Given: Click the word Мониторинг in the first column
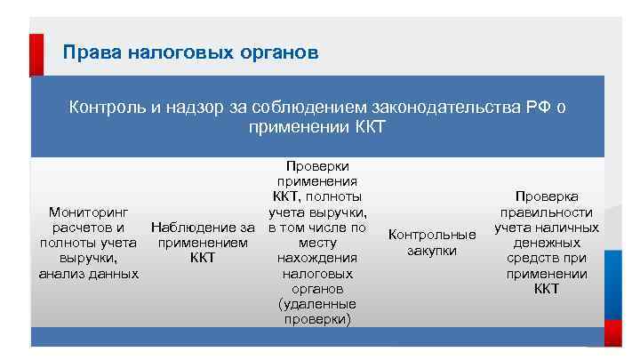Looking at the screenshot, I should coord(88,212).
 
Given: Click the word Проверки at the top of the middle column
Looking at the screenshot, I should coord(317,165).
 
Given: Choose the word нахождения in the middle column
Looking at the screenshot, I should coord(317,258).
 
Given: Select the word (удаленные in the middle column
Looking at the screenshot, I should coord(317,303).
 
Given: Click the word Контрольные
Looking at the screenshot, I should coord(433,236).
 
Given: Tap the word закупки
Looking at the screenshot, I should coord(433,251).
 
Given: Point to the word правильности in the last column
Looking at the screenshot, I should coord(547,212).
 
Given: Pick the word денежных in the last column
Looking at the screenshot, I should coord(547,243).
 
